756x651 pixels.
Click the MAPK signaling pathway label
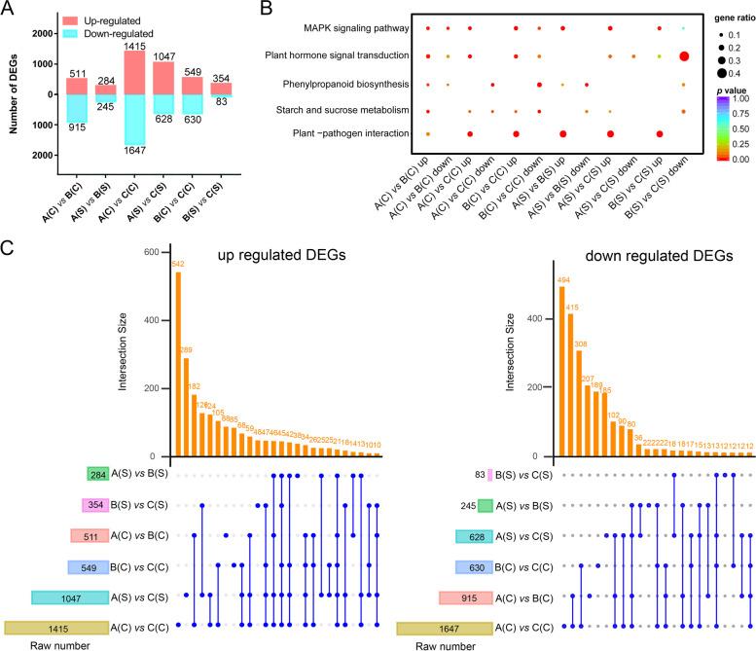(342, 27)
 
